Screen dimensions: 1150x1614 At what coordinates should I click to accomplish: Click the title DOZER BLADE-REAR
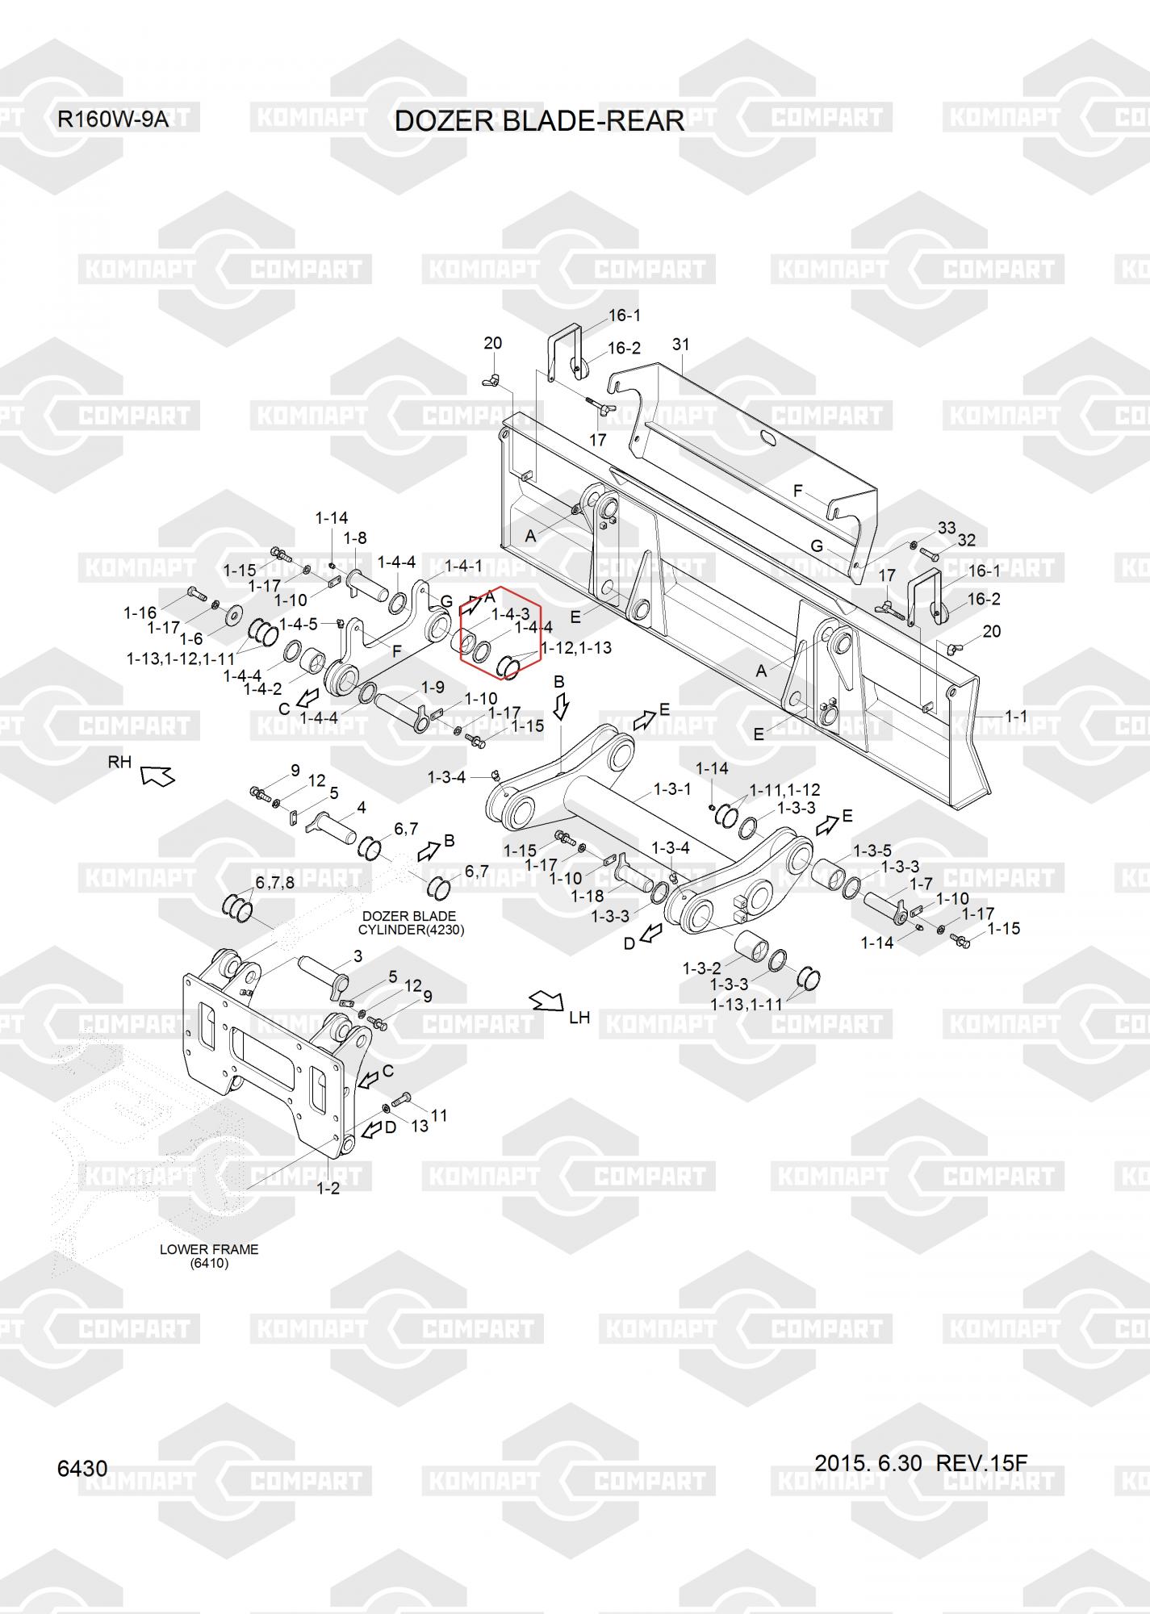(539, 121)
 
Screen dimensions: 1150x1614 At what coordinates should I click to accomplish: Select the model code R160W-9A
(113, 119)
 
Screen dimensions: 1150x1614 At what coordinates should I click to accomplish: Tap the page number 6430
(82, 1468)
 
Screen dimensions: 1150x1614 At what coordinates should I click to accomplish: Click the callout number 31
(681, 345)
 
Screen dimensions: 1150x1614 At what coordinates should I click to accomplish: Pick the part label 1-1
(1016, 716)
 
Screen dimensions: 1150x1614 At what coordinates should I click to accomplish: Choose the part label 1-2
(328, 1188)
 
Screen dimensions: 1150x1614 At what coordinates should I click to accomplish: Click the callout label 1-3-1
(671, 788)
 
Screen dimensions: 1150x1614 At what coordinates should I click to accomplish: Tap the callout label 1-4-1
(463, 566)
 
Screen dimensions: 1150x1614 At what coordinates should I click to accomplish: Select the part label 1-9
(433, 688)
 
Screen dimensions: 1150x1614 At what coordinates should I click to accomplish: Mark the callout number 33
(947, 528)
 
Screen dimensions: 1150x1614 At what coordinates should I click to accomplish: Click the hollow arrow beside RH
(157, 776)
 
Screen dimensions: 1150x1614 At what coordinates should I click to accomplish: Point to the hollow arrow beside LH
(547, 1003)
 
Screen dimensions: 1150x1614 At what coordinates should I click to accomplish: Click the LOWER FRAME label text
(209, 1248)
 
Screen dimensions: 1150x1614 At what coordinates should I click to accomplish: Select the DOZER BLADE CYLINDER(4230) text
(411, 922)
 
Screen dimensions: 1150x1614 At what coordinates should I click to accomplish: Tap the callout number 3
(358, 957)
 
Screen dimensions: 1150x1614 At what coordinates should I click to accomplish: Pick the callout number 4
(362, 807)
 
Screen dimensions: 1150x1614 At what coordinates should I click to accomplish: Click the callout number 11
(439, 1115)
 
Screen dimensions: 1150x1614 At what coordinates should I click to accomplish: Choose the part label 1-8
(355, 537)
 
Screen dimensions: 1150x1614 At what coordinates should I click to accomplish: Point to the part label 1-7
(921, 884)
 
